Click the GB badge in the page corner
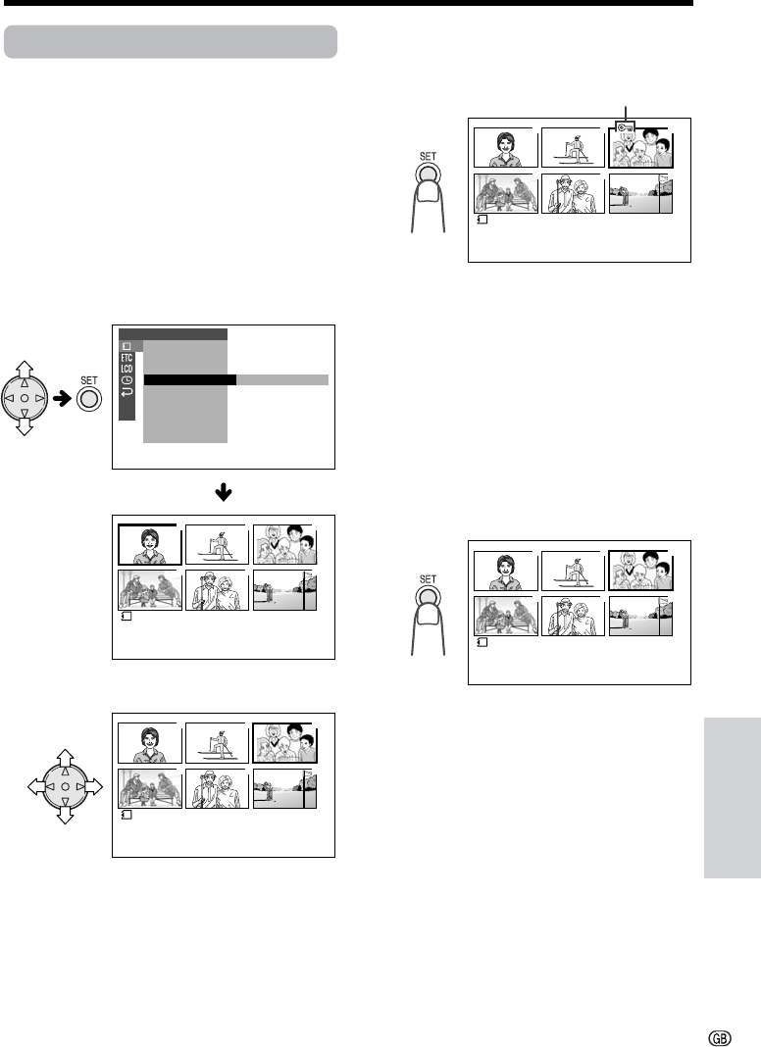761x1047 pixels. point(720,1038)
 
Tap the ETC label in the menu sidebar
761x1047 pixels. point(127,358)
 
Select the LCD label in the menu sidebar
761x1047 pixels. point(127,369)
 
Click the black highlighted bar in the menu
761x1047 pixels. point(189,380)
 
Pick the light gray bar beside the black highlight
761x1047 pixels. point(282,380)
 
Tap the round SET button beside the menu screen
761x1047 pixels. point(89,399)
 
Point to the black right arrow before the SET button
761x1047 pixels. point(62,399)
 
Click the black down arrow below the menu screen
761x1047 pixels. point(224,493)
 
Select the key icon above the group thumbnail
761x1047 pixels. point(626,127)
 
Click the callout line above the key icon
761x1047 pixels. point(626,114)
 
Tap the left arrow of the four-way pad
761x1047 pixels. point(36,787)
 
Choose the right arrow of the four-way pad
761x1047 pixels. point(94,787)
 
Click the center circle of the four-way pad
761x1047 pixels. point(65,787)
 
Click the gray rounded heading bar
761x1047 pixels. point(171,42)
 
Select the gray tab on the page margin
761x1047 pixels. point(733,798)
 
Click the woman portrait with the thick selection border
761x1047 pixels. point(150,545)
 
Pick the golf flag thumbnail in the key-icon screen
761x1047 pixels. point(640,194)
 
